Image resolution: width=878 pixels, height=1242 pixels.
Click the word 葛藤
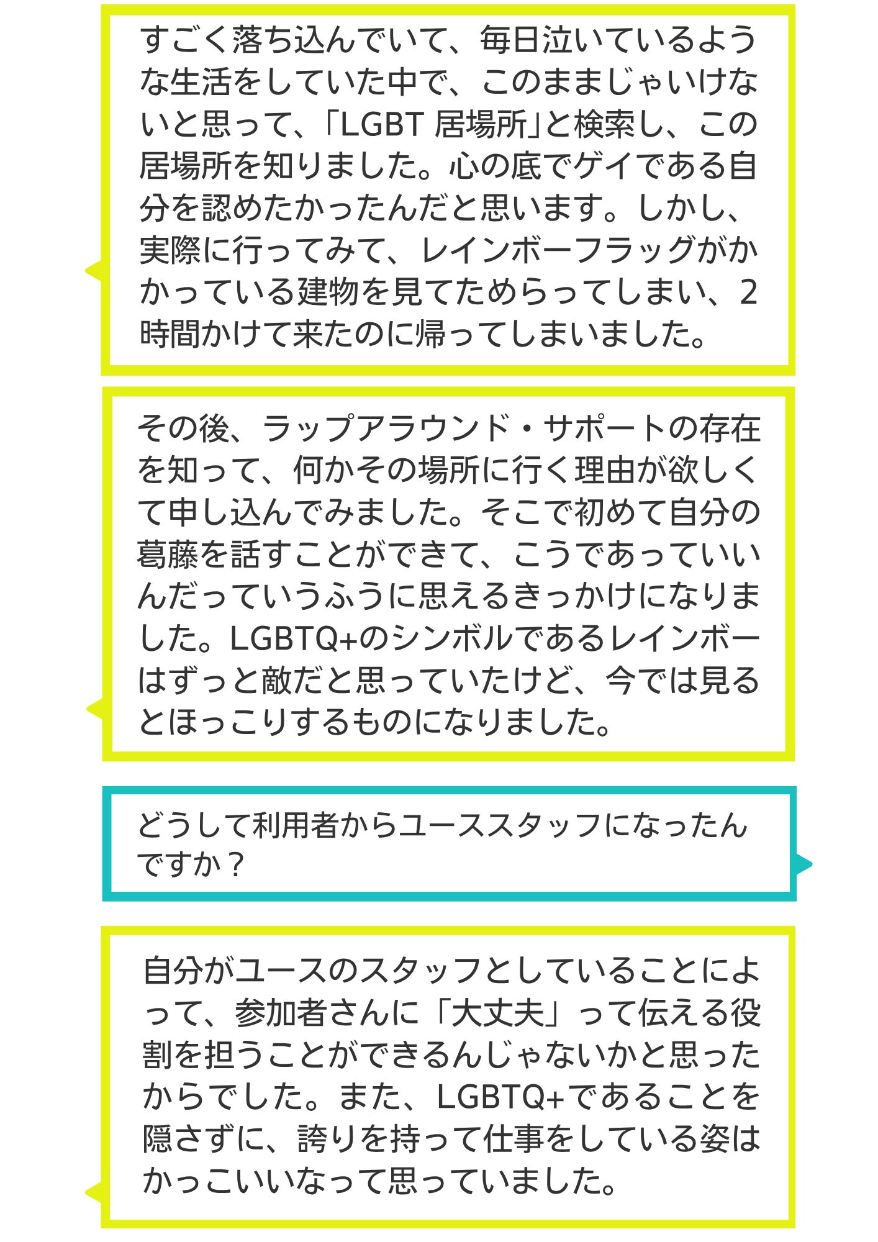pyautogui.click(x=168, y=555)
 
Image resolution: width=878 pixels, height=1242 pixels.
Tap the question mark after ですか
pyautogui.click(x=234, y=865)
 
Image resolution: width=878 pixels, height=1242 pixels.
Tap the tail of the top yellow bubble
pyautogui.click(x=93, y=271)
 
